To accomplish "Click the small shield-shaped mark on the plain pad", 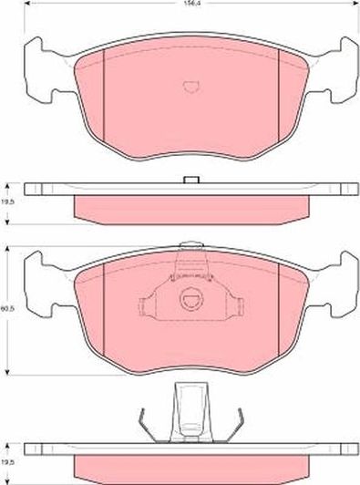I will point(190,88).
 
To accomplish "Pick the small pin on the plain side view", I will point(190,179).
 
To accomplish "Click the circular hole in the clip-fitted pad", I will point(190,297).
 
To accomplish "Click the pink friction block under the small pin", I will point(190,210).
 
